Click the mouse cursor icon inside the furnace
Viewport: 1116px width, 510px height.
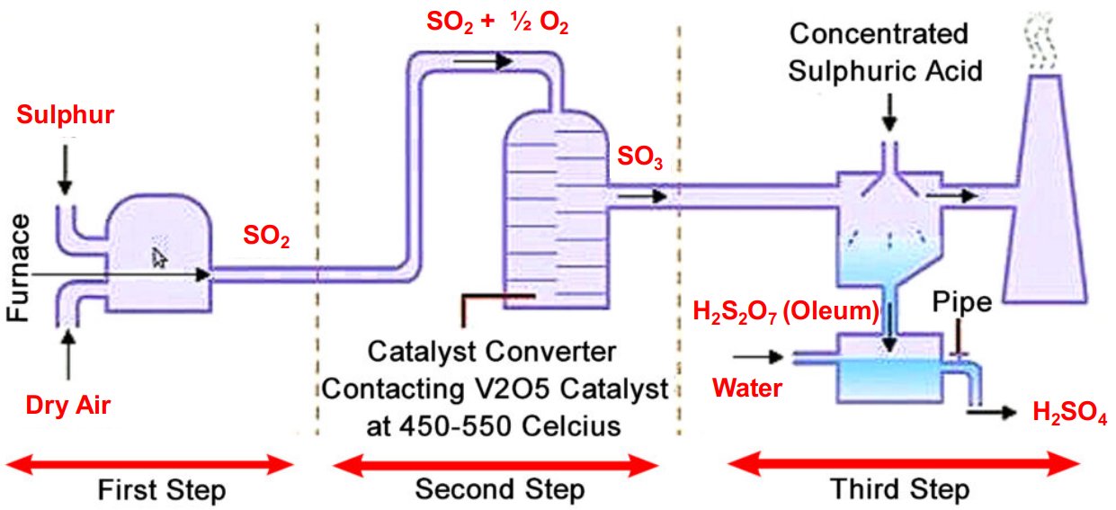159,258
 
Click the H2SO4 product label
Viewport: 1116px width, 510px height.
1068,413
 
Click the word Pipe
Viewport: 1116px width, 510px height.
962,302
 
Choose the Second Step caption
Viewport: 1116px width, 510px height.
499,490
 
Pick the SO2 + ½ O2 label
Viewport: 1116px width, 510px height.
497,23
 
